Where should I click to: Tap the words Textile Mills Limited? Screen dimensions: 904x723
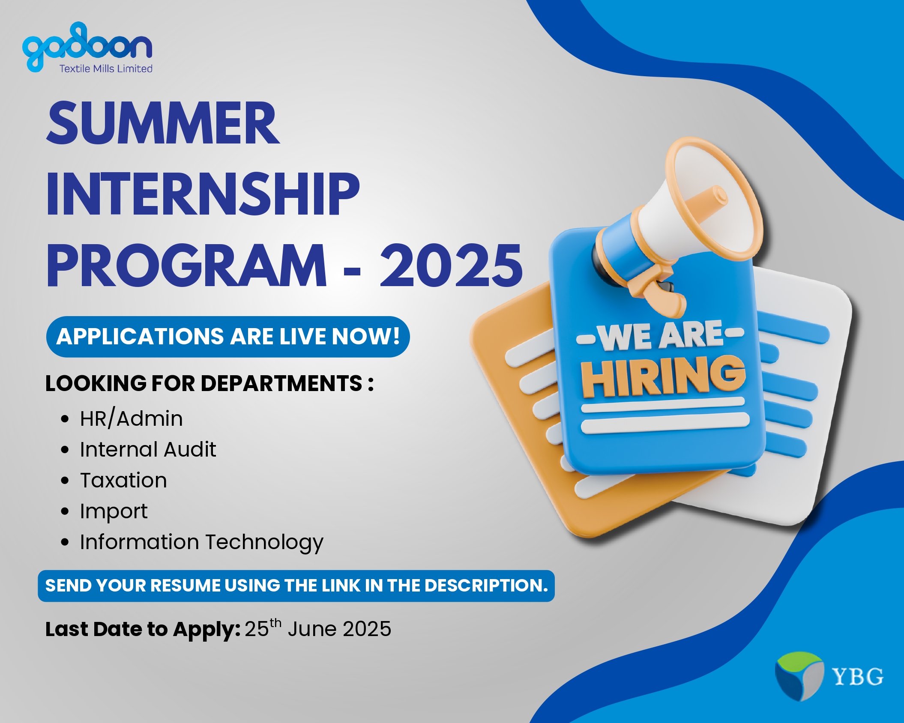coord(106,69)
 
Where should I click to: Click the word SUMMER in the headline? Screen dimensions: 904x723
coord(163,123)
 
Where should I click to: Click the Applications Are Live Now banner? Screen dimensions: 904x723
coord(228,337)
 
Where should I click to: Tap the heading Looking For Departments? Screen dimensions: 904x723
coord(210,383)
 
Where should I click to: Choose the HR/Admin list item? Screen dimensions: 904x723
coord(131,418)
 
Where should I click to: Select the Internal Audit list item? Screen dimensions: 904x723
coord(148,449)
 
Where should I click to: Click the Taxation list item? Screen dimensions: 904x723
coord(123,480)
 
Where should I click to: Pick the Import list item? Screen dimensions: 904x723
coord(114,511)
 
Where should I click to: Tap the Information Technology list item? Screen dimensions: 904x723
coord(201,542)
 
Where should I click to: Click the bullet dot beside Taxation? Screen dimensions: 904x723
coord(65,481)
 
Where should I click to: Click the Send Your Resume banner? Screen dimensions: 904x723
coord(296,586)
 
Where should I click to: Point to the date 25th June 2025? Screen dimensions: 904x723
coord(318,628)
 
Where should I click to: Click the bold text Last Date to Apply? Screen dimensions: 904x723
coord(143,630)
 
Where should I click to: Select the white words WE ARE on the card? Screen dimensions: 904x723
coord(661,335)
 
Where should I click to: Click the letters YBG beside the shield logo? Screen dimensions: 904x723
coord(857,677)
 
